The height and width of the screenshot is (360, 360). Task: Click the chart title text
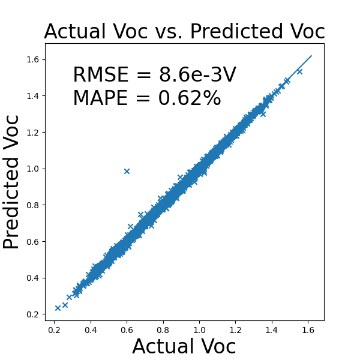pos(184,31)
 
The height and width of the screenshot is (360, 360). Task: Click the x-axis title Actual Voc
pos(184,347)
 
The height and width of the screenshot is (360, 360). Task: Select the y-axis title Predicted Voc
pos(12,182)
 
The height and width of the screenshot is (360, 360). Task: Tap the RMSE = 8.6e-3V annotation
pos(154,75)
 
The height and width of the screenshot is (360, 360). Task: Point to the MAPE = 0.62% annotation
pos(147,98)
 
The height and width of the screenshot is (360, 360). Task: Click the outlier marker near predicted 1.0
pos(127,171)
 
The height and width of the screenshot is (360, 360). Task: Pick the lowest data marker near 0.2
pos(58,308)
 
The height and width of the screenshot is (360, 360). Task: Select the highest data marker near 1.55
pos(299,71)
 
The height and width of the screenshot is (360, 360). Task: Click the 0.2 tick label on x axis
pos(55,329)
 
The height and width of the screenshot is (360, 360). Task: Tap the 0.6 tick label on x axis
pos(127,329)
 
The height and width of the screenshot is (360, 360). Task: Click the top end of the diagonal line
pos(311,56)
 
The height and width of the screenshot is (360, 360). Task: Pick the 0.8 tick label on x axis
pos(163,329)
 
